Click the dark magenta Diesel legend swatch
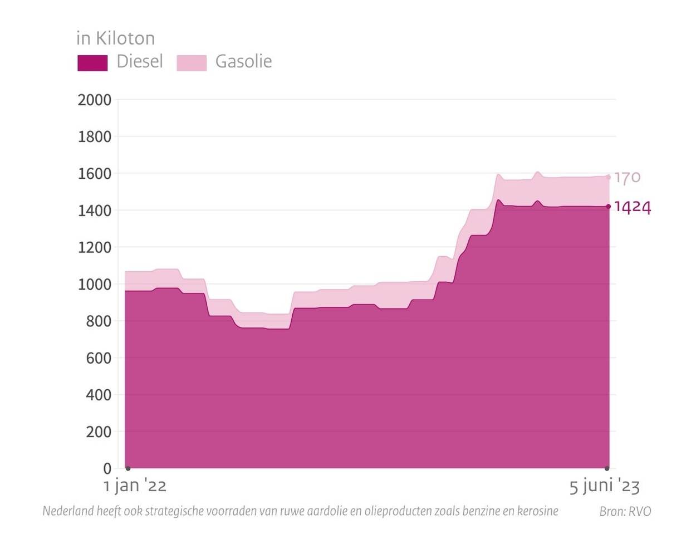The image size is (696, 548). pos(92,62)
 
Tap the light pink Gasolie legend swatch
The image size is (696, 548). pos(192,62)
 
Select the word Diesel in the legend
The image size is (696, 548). pos(139,61)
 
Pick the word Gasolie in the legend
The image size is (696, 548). pos(243,61)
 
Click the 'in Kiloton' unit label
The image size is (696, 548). pos(115,38)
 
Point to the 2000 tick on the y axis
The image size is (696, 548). pos(95,100)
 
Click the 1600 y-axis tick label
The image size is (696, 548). pos(95,174)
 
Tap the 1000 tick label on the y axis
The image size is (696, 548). pos(95,284)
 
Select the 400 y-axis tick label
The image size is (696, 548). pos(98,395)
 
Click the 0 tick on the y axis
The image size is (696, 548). pos(107,468)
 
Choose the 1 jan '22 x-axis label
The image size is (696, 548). pos(135,486)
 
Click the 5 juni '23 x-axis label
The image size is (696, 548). pos(604,486)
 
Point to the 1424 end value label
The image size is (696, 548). pos(632,207)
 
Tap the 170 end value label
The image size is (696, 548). pos(628,178)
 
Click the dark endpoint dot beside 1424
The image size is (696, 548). pos(608,207)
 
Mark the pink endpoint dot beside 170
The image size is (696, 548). pos(608,178)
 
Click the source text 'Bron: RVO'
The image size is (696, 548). pos(625,511)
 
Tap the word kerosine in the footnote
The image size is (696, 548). pos(537,511)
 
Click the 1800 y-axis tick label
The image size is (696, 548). pos(95,137)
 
